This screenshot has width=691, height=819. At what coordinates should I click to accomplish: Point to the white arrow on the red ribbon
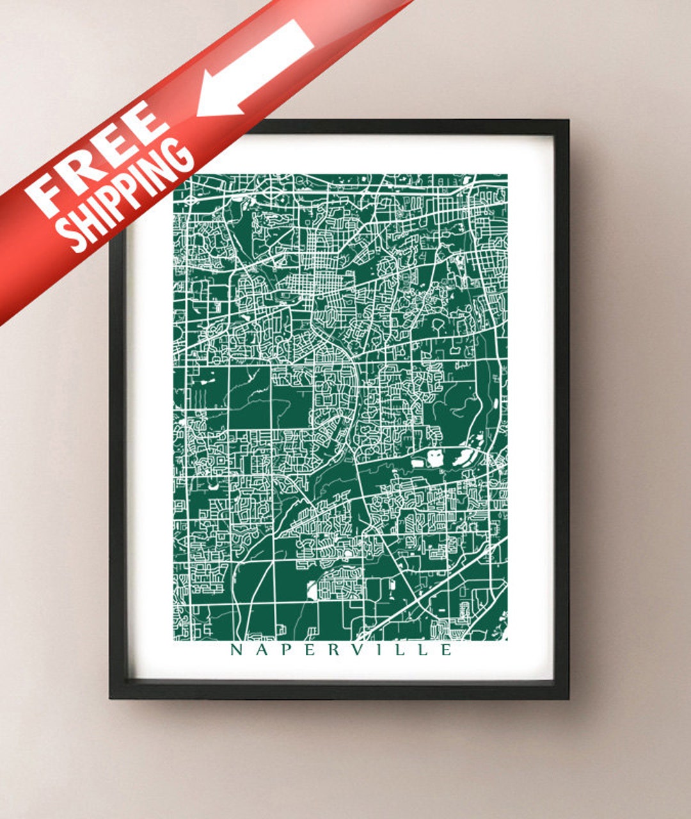click(x=256, y=67)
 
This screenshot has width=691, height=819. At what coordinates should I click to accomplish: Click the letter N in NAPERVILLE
click(x=235, y=650)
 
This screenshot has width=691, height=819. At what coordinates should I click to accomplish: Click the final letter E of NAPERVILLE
click(x=446, y=650)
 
